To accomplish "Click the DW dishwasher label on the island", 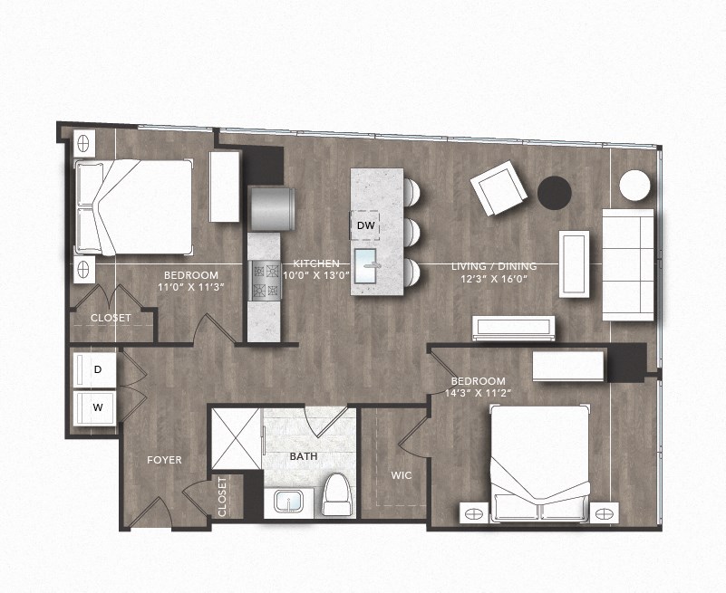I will point(365,225).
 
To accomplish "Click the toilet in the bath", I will point(337,493).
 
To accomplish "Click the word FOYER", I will point(164,460).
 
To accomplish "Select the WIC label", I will point(402,474).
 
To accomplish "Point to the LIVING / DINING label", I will point(494,266).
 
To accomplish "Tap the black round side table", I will point(554,192).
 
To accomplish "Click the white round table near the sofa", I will point(634,186).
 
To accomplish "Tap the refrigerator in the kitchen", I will point(271,208).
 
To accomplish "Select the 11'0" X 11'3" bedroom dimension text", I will point(190,288).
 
